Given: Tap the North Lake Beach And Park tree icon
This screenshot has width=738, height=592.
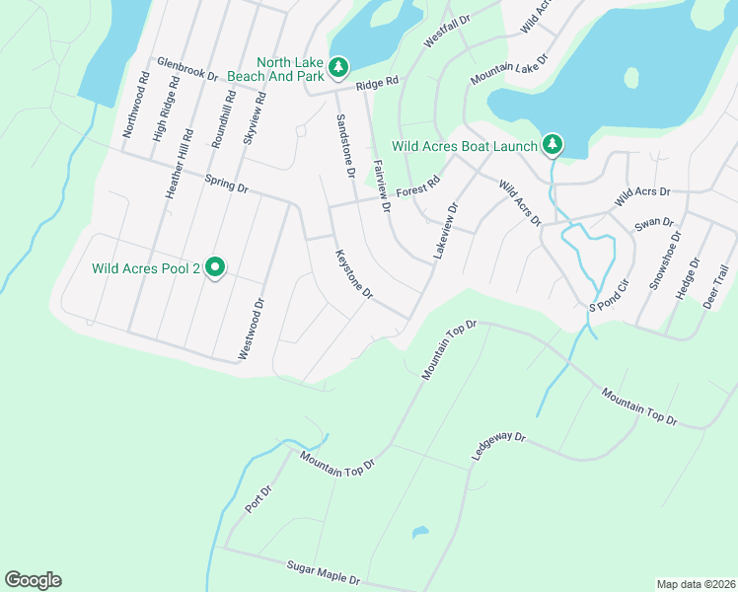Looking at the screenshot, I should pyautogui.click(x=338, y=67).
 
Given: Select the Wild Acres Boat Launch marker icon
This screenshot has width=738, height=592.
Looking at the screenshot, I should pyautogui.click(x=553, y=146).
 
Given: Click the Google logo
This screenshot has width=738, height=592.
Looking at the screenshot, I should pyautogui.click(x=33, y=580).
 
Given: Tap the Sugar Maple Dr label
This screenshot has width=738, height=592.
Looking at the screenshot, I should pyautogui.click(x=324, y=572).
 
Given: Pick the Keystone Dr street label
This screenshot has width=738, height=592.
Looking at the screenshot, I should pyautogui.click(x=354, y=274).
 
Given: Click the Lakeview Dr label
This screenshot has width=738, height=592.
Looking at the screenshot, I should pyautogui.click(x=445, y=232).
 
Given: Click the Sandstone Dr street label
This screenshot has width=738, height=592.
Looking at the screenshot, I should pyautogui.click(x=345, y=145).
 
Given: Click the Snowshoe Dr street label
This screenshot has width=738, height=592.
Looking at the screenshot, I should pyautogui.click(x=664, y=260).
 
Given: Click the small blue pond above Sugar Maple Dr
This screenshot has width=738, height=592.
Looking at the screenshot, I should pyautogui.click(x=420, y=533).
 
